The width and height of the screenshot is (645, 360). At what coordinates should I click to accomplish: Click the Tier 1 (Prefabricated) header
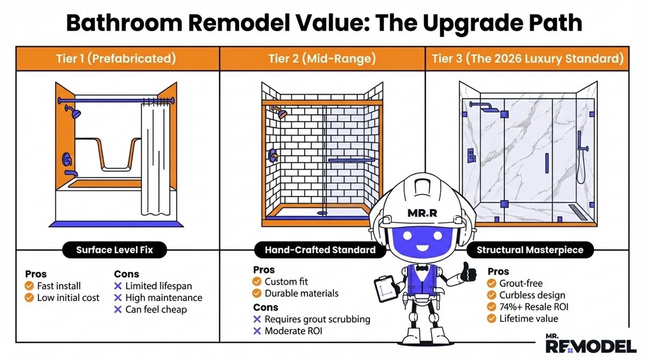point(116,59)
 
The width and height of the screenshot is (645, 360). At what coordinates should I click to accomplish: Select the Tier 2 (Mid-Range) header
point(322,59)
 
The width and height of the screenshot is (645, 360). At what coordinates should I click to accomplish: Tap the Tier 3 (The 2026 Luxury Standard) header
point(528,59)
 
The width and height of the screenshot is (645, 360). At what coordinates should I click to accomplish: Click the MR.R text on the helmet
point(422,213)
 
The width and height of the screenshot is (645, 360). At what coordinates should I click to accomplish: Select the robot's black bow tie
point(422,268)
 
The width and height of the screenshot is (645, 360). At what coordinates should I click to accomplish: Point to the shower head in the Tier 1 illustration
point(74,112)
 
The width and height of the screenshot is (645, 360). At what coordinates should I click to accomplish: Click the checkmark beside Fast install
point(30,286)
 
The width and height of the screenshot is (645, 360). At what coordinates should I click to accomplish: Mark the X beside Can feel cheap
point(118,309)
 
